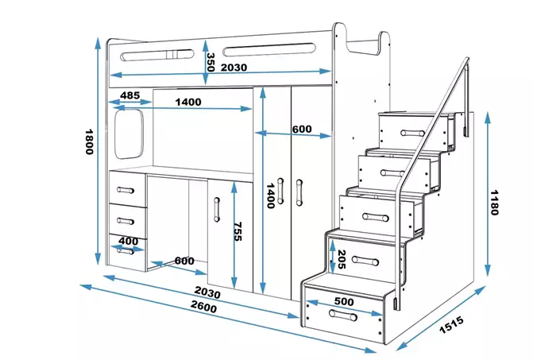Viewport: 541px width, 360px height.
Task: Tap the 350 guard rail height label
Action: tap(211, 62)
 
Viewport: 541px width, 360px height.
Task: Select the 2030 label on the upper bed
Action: tap(234, 68)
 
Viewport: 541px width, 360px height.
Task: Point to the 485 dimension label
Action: tap(130, 96)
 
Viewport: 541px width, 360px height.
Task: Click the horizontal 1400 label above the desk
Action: tap(188, 102)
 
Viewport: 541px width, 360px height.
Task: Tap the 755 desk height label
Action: tap(237, 230)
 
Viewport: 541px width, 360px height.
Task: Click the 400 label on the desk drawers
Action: tap(129, 241)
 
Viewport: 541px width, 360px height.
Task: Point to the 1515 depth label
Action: tap(450, 326)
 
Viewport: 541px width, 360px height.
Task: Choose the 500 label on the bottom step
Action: tap(343, 302)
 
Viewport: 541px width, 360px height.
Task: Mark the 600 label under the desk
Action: tap(184, 261)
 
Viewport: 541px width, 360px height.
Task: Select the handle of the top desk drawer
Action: tap(125, 190)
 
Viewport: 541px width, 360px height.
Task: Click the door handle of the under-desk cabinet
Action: tap(216, 208)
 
